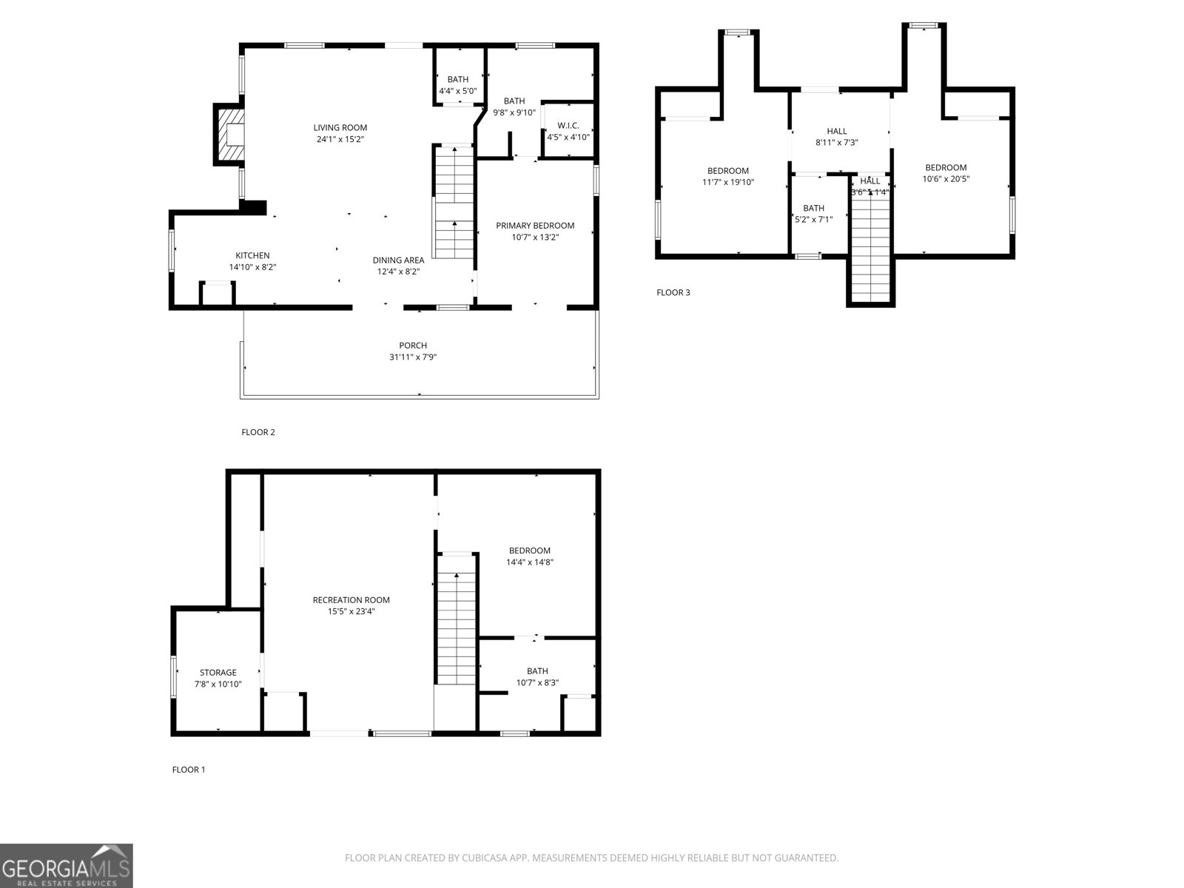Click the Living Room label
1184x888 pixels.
coord(340,128)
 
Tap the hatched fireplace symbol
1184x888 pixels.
coord(230,134)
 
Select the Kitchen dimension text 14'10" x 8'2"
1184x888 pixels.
coord(252,267)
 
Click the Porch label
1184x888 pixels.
coord(412,346)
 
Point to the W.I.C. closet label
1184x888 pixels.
coord(568,126)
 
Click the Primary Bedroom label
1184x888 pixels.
coord(534,226)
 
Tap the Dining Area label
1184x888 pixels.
coord(398,260)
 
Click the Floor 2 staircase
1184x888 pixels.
coord(454,203)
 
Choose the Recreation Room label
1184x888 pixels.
coord(351,600)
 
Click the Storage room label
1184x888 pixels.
coord(218,673)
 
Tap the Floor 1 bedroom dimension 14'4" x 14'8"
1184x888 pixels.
coord(530,562)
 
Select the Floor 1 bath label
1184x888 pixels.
coord(537,672)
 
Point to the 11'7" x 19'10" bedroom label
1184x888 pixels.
coord(727,171)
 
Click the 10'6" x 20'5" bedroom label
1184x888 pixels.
coord(945,168)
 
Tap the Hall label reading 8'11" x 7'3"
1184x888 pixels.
coord(836,132)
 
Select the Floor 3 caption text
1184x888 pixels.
coord(673,292)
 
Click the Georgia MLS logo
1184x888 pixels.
coord(66,866)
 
